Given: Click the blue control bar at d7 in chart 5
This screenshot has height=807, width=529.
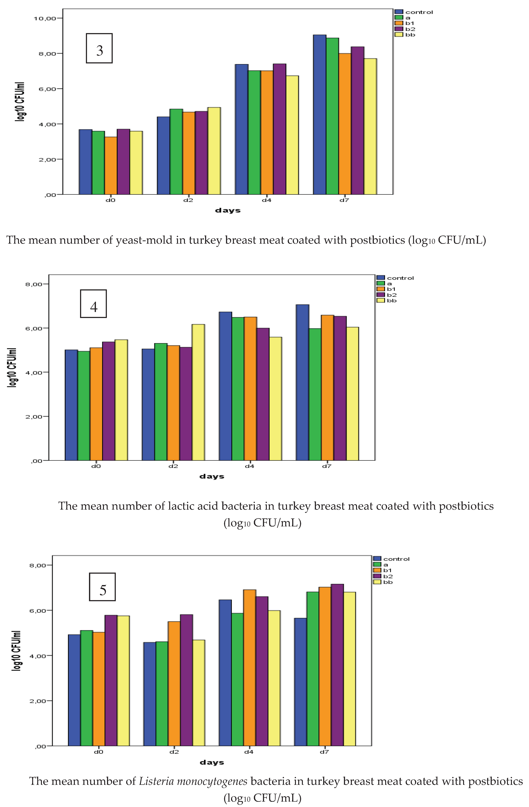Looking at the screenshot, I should point(300,682).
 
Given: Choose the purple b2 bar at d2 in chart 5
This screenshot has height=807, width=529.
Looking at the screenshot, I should point(186,680).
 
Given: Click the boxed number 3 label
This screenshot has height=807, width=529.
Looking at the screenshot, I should point(99,48).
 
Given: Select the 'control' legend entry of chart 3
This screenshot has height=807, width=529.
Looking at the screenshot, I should point(419,12).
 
